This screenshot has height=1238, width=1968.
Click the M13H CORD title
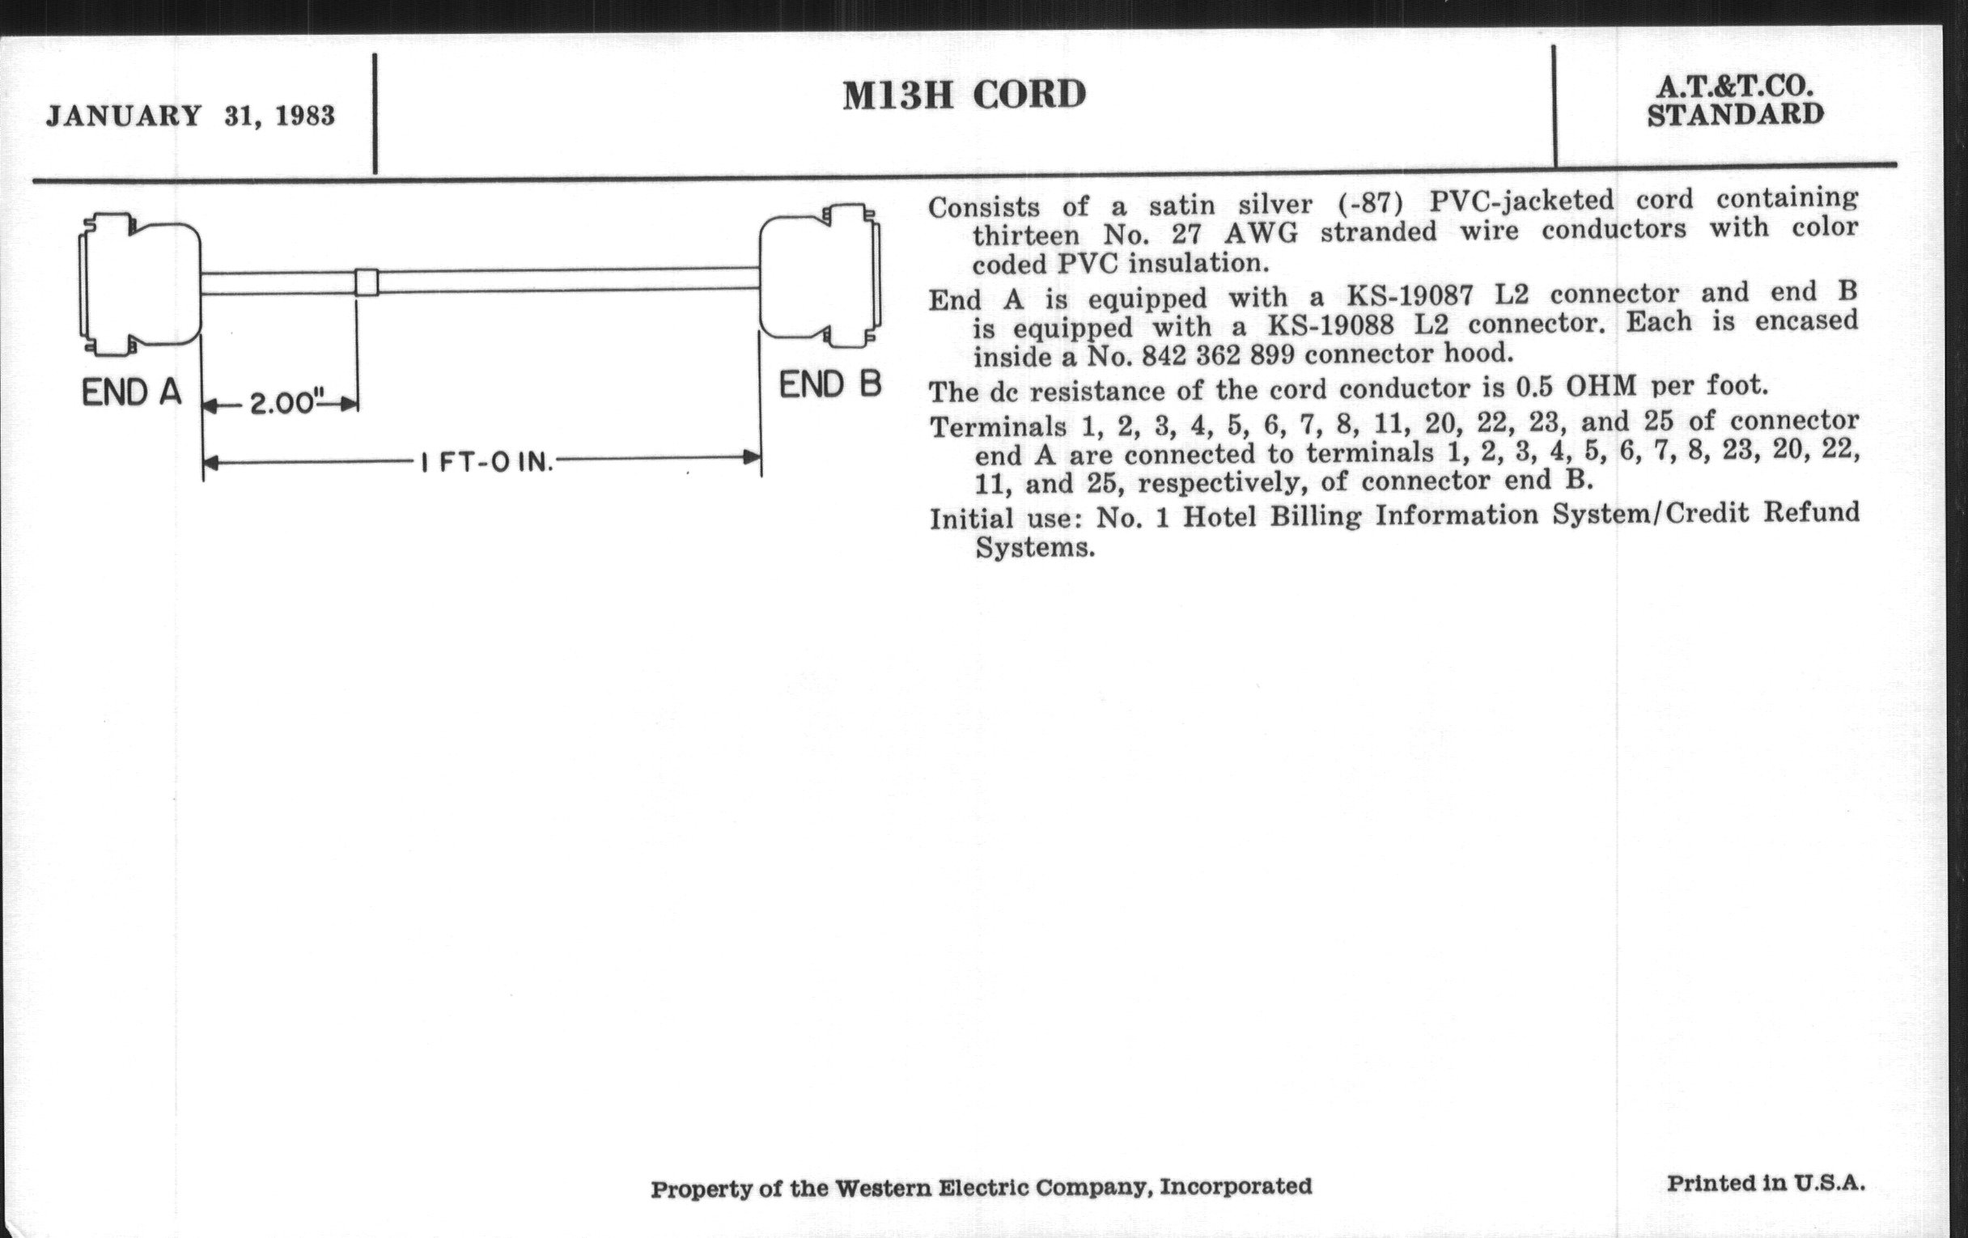click(x=965, y=95)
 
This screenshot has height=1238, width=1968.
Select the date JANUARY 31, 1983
click(x=190, y=116)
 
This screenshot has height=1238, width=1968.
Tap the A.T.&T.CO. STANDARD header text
click(x=1735, y=100)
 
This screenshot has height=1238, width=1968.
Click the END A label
click(x=132, y=393)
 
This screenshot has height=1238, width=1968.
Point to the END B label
click(x=830, y=384)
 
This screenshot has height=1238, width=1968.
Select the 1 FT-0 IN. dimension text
click(x=487, y=463)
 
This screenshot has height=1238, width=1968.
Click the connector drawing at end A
click(x=140, y=284)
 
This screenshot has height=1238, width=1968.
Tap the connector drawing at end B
click(x=821, y=275)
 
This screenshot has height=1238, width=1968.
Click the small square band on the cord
click(x=367, y=282)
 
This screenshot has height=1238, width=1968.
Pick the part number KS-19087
click(x=1393, y=295)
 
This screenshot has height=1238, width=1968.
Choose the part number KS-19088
click(x=1330, y=326)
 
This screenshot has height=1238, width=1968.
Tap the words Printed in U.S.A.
click(x=1767, y=1183)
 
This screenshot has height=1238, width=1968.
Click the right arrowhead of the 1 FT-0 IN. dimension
click(x=752, y=458)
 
